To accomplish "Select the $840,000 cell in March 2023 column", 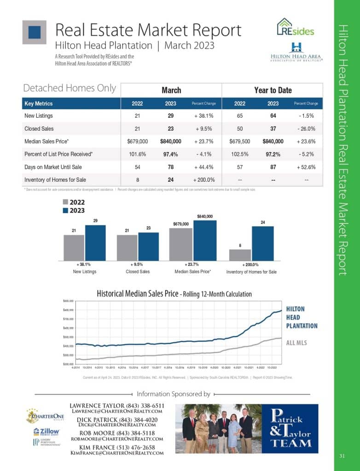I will click(x=170, y=142).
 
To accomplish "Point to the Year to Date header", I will click(x=273, y=90).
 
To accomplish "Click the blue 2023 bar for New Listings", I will click(x=95, y=243).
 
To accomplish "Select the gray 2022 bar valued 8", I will click(x=240, y=255).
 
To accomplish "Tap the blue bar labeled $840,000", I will click(x=205, y=241).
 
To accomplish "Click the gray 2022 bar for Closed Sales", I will click(x=127, y=248).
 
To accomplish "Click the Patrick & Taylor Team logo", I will click(x=290, y=429).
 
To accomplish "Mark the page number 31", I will click(x=342, y=456).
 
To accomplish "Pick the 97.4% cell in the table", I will click(x=170, y=154).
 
